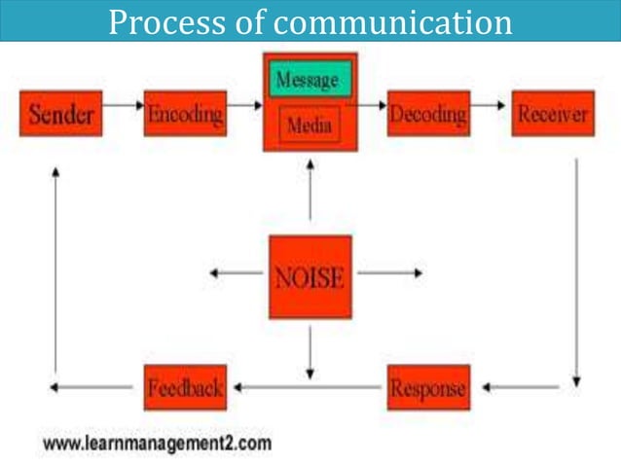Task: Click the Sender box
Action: (x=59, y=114)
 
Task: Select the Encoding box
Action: (x=185, y=114)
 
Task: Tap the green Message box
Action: (x=310, y=79)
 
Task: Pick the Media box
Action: (x=310, y=125)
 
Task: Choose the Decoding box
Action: (x=429, y=114)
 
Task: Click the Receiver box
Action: (x=553, y=114)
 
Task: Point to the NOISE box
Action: (x=310, y=277)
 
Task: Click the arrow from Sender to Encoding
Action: (x=123, y=102)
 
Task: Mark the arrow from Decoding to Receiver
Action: (x=491, y=102)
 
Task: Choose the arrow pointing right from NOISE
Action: (x=389, y=273)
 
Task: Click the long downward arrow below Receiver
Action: (x=576, y=272)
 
